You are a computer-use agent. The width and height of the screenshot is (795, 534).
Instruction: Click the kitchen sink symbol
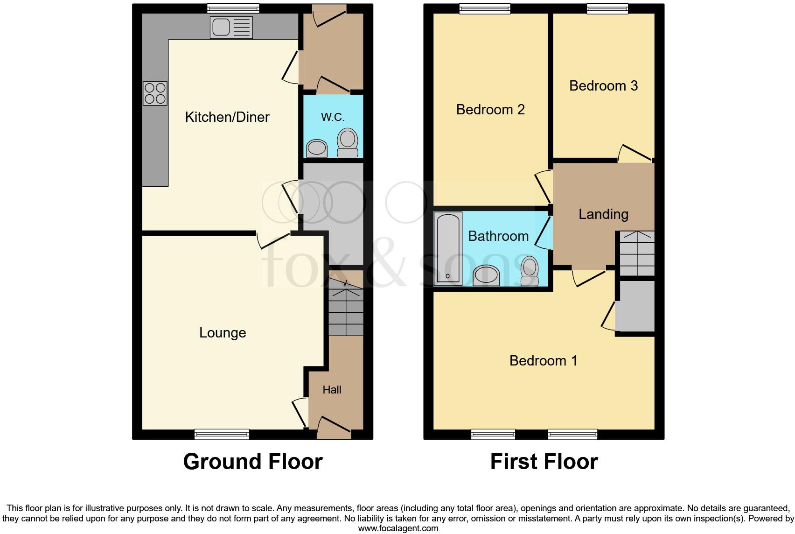pyautogui.click(x=231, y=27)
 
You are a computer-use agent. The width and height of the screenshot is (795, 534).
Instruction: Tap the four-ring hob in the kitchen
pyautogui.click(x=155, y=93)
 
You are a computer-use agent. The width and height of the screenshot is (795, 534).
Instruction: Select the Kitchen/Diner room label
pyautogui.click(x=227, y=117)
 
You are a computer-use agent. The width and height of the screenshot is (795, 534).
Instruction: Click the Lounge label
pyautogui.click(x=223, y=333)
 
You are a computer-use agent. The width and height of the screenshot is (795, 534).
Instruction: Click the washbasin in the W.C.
pyautogui.click(x=317, y=148)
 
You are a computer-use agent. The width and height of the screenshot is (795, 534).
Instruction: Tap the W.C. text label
pyautogui.click(x=333, y=117)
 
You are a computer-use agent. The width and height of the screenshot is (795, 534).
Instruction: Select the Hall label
pyautogui.click(x=332, y=390)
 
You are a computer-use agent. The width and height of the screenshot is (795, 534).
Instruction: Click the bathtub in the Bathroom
pyautogui.click(x=448, y=248)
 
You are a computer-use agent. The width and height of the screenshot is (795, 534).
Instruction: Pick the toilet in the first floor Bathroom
pyautogui.click(x=530, y=271)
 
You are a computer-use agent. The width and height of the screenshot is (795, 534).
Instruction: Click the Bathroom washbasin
pyautogui.click(x=486, y=275)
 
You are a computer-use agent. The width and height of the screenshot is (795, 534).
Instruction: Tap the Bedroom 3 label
pyautogui.click(x=603, y=86)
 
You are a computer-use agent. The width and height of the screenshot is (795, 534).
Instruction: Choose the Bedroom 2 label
pyautogui.click(x=490, y=110)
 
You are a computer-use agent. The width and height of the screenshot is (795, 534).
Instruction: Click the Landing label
pyautogui.click(x=603, y=214)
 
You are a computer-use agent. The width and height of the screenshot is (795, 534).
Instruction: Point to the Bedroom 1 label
pyautogui.click(x=543, y=361)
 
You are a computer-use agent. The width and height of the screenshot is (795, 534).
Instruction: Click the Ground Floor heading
pyautogui.click(x=252, y=462)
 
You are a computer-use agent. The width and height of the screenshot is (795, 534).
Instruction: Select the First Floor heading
pyautogui.click(x=544, y=462)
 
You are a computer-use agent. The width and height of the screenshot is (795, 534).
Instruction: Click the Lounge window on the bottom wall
pyautogui.click(x=222, y=434)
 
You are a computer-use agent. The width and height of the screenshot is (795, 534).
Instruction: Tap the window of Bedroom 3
pyautogui.click(x=607, y=8)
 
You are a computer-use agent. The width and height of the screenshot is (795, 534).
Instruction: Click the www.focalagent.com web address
pyautogui.click(x=398, y=528)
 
